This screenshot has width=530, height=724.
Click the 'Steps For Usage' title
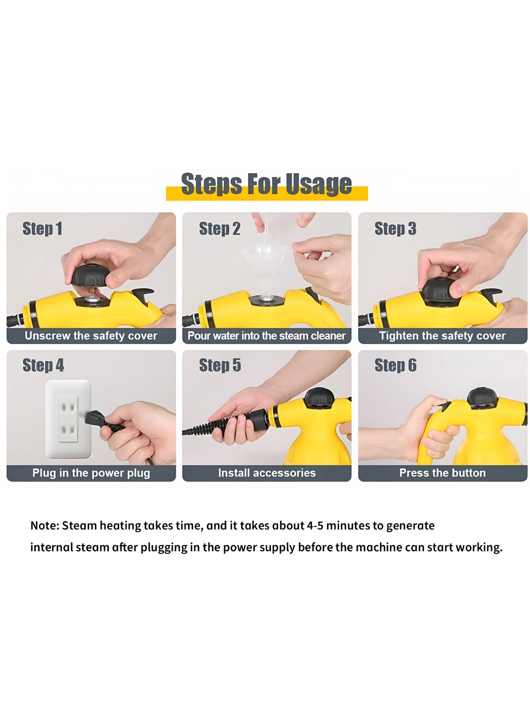(267, 184)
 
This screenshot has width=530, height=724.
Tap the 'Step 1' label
(42, 229)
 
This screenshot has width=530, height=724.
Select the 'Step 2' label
(220, 229)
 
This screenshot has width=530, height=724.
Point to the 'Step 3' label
(395, 229)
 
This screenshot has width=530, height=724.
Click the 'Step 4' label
(43, 365)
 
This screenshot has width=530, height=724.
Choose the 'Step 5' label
(220, 365)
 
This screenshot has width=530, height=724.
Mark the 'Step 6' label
(395, 365)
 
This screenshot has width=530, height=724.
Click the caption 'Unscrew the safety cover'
(91, 336)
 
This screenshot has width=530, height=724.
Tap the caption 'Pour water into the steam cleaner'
(267, 336)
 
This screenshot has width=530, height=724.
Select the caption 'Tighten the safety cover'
(442, 336)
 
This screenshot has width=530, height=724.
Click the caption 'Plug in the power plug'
(91, 473)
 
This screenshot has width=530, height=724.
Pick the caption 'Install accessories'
(267, 473)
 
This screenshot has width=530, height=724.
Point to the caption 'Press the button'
(442, 473)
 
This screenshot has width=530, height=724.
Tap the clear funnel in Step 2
(265, 262)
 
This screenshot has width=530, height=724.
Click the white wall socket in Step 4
(68, 419)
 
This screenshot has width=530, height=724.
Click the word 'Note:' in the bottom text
(45, 526)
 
